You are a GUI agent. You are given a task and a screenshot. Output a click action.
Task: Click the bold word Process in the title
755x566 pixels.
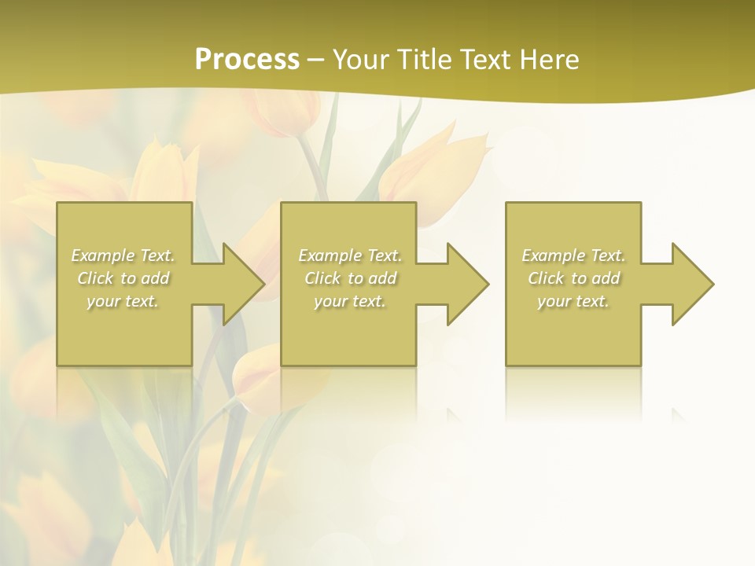click(x=247, y=60)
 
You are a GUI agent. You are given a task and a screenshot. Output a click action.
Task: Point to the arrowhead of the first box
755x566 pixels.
click(x=241, y=284)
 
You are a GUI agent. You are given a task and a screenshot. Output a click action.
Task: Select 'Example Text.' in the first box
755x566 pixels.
click(x=123, y=255)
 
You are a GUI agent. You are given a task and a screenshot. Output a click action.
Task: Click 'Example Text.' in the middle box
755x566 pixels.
click(x=350, y=255)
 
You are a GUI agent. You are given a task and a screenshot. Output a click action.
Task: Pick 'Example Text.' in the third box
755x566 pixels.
click(x=573, y=255)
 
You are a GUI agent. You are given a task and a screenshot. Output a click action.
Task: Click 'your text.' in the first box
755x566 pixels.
click(x=123, y=301)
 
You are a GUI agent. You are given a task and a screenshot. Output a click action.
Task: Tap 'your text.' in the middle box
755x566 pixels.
click(x=350, y=301)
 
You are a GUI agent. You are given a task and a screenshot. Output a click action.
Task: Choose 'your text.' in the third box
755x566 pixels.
click(x=573, y=301)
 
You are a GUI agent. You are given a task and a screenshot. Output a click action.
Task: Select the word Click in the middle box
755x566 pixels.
click(x=322, y=278)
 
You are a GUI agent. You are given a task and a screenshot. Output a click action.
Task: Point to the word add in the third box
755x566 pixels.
click(x=606, y=278)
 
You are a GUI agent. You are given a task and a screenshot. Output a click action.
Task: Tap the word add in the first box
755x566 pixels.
click(x=155, y=278)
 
